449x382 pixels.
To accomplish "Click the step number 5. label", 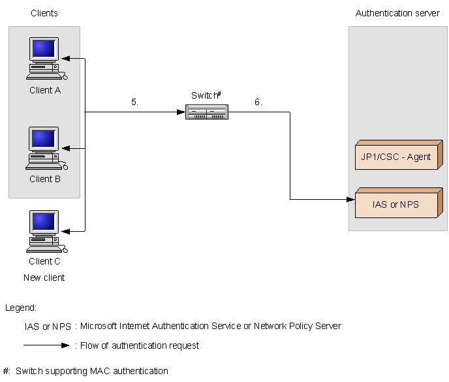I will [134, 102].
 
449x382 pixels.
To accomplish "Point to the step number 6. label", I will [258, 102].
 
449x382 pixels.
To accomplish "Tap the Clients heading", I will [44, 13].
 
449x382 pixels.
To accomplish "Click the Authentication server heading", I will [397, 13].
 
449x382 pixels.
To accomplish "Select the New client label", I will [44, 278].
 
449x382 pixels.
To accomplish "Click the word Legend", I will [21, 308].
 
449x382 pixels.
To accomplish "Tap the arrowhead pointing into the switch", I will [182, 112].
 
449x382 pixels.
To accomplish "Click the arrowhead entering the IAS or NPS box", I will [350, 200].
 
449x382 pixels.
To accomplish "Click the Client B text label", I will [45, 179].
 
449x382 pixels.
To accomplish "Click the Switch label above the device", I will [205, 95].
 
